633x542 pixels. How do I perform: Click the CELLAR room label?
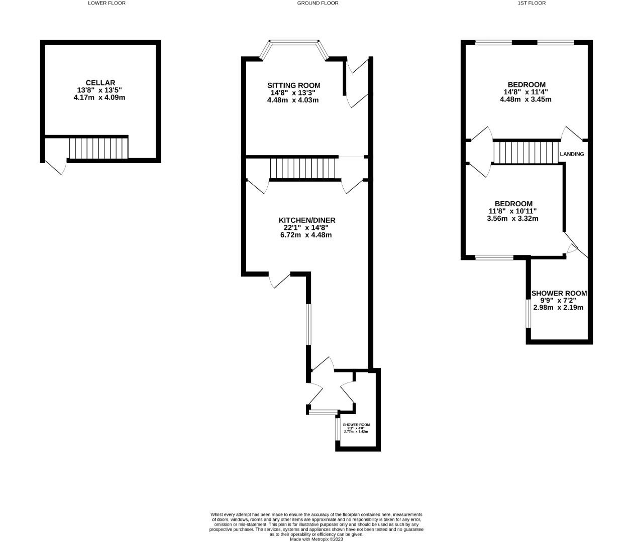pyautogui.click(x=100, y=83)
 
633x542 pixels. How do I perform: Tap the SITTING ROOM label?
pyautogui.click(x=293, y=85)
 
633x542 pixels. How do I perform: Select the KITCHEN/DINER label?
pyautogui.click(x=306, y=220)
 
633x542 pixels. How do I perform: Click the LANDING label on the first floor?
pyautogui.click(x=572, y=154)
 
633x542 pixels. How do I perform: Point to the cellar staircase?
pyautogui.click(x=98, y=148)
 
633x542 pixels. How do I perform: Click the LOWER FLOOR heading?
pyautogui.click(x=107, y=3)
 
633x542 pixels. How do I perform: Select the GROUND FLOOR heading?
pyautogui.click(x=318, y=3)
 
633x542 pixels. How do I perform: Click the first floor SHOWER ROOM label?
pyautogui.click(x=559, y=293)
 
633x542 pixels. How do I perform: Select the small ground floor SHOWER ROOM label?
pyautogui.click(x=356, y=425)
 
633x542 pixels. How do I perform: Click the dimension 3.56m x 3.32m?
pyautogui.click(x=512, y=218)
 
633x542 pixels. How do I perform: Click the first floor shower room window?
pyautogui.click(x=527, y=314)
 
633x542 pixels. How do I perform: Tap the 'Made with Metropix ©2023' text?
pyautogui.click(x=316, y=539)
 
